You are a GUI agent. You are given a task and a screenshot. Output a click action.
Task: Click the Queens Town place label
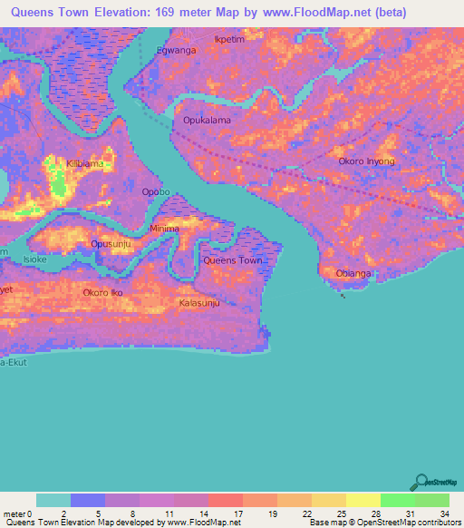(233, 260)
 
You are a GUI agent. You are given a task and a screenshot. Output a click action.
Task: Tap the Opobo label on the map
(156, 192)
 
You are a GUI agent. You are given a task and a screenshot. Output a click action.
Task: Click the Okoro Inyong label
(366, 161)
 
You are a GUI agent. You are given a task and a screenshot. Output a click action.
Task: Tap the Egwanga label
(177, 51)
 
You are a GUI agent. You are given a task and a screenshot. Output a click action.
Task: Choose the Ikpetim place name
(228, 40)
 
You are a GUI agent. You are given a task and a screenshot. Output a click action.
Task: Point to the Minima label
(164, 229)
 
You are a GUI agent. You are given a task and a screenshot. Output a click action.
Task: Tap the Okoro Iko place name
(102, 292)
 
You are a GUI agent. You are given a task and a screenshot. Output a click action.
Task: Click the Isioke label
(34, 260)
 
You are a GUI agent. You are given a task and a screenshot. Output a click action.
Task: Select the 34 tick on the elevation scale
(444, 513)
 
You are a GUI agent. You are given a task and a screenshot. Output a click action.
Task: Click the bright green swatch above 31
(397, 500)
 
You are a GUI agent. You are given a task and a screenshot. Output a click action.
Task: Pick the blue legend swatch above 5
(88, 500)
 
